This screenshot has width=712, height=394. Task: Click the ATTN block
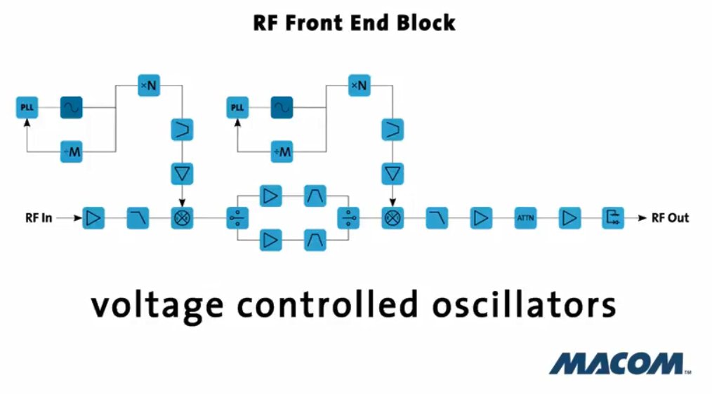pos(525,218)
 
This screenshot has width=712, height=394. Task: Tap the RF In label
pos(39,218)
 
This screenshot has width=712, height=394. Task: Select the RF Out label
pos(670,218)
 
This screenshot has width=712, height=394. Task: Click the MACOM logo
pos(619,364)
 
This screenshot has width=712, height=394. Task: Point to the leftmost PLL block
pos(27,107)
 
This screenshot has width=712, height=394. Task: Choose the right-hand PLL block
pos(237,107)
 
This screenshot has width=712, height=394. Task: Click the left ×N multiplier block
pos(149,86)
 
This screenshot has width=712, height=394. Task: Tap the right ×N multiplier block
pos(360,86)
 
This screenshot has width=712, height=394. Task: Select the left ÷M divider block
pos(72,152)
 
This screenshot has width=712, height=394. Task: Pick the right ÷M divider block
pos(282,152)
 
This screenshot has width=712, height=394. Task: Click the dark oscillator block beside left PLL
pos(72,107)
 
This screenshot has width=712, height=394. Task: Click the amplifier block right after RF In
pos(93,218)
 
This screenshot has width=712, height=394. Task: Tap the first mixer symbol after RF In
pos(182,218)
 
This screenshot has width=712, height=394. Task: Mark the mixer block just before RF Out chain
pos(393,218)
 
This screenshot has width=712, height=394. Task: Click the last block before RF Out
pos(613,218)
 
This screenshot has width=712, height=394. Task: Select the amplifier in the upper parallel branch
pos(270,196)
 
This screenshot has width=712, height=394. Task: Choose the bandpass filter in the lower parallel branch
pos(315,240)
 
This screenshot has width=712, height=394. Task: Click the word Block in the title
pos(426,23)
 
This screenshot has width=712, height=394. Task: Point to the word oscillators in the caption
pos(524,305)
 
